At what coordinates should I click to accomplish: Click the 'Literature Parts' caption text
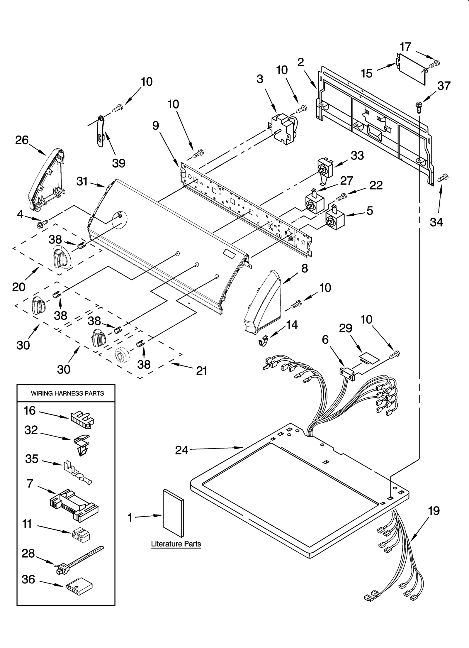[x=176, y=544]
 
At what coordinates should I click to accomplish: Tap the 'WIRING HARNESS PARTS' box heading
[x=67, y=393]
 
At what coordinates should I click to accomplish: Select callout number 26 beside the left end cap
[x=22, y=140]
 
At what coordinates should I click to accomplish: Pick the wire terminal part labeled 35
[x=78, y=473]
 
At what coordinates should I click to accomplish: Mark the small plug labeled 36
[x=79, y=587]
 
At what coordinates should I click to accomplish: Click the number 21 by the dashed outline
[x=202, y=371]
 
